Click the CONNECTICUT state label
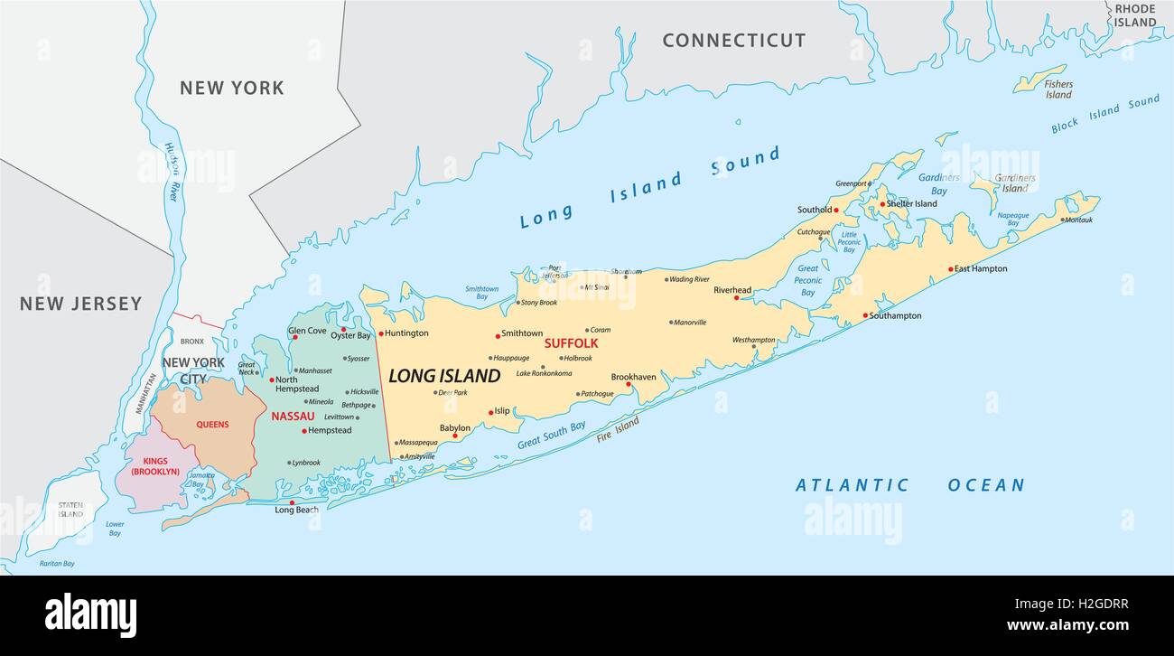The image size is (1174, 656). [x=733, y=40]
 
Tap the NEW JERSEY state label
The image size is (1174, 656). [x=81, y=304]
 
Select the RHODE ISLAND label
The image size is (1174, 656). [x=1135, y=15]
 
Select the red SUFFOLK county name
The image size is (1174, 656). [x=571, y=343]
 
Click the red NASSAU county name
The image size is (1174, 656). [x=293, y=417]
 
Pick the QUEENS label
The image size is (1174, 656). [x=212, y=424]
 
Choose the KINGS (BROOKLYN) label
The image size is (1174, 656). [x=156, y=466]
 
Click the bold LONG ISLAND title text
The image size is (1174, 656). [x=443, y=376]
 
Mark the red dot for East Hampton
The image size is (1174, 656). [x=950, y=269]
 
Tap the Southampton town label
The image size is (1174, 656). [x=895, y=315]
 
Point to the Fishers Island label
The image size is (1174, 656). [x=1058, y=89]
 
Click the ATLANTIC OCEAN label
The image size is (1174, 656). [x=909, y=485]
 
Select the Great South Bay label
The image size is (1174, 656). [x=551, y=436]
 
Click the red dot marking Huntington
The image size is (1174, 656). [x=380, y=333]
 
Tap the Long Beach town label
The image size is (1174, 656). [x=296, y=511]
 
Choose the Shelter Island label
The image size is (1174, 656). [x=912, y=203]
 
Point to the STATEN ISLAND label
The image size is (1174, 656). [x=70, y=510]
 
